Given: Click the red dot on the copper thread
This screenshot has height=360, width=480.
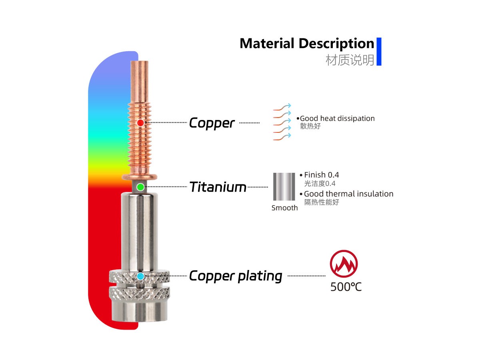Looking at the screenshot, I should tap(140, 123).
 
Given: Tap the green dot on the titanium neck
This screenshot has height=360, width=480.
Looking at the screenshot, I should tap(140, 187).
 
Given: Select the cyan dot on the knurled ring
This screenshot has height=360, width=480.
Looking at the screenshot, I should tap(140, 276).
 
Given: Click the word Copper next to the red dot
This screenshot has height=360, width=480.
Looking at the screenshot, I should tap(212, 123).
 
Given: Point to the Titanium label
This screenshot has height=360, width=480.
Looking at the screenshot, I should tap(218, 187).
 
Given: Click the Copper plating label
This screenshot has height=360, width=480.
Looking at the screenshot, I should tap(235, 276).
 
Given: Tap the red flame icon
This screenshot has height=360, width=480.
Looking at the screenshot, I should tap(344, 264).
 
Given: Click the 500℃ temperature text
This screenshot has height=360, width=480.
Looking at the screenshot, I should tap(346, 287).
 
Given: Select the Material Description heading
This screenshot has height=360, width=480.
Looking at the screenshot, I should tap(306, 43).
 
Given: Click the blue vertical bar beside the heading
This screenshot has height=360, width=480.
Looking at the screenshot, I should tap(379, 52).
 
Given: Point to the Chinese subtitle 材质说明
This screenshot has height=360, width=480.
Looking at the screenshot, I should tap(350, 60).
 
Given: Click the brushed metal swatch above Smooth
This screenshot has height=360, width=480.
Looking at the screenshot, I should tap(284, 187).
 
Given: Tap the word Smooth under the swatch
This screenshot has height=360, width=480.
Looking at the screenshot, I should tap(284, 208).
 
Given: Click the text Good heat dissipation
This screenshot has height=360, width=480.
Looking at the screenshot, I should tap(337, 118).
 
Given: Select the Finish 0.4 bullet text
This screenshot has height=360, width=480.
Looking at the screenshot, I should tap(321, 175).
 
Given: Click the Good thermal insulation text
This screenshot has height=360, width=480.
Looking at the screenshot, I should tap(348, 194).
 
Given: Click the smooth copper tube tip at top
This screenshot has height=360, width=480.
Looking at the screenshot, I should tap(140, 80).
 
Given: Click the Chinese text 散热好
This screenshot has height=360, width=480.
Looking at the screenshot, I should tap(310, 126).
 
